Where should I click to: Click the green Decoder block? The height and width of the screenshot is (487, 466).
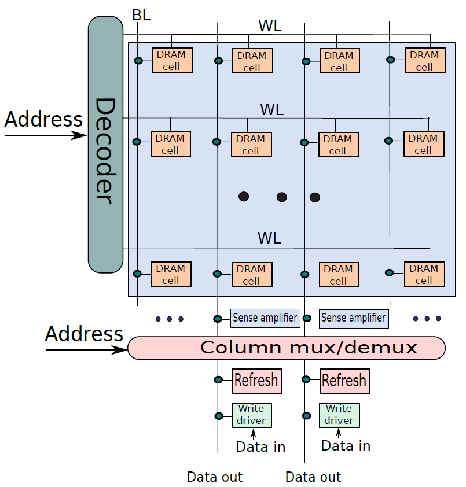point(106,145)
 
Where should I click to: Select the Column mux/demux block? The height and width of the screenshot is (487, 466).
point(287,348)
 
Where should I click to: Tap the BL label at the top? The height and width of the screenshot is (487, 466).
point(141,15)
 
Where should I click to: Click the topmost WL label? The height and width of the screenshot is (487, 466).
point(270,26)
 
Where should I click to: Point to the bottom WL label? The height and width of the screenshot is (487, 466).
point(269,238)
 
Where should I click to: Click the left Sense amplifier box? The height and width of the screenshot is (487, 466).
point(265,318)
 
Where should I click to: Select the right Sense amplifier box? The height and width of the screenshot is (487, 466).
point(354,319)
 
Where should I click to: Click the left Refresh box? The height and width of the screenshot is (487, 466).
point(257,381)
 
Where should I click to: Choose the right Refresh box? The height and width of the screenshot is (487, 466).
point(345,381)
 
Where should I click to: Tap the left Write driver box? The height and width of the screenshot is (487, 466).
point(252,415)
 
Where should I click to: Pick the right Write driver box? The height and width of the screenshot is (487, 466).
point(339,415)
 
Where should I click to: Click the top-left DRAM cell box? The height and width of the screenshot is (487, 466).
point(172,60)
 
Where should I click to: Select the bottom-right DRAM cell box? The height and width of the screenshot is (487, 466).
point(424,274)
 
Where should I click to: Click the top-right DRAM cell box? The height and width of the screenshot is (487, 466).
point(425,61)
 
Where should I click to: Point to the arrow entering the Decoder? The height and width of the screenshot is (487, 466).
point(46,135)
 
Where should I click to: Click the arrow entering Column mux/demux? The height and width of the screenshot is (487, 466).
point(86,350)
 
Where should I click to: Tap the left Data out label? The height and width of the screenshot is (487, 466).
point(215,477)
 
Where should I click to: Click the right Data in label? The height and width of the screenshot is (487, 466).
point(346,446)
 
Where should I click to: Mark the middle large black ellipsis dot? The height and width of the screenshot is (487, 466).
point(282,197)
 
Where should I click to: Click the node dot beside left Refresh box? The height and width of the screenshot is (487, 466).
point(219,379)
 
